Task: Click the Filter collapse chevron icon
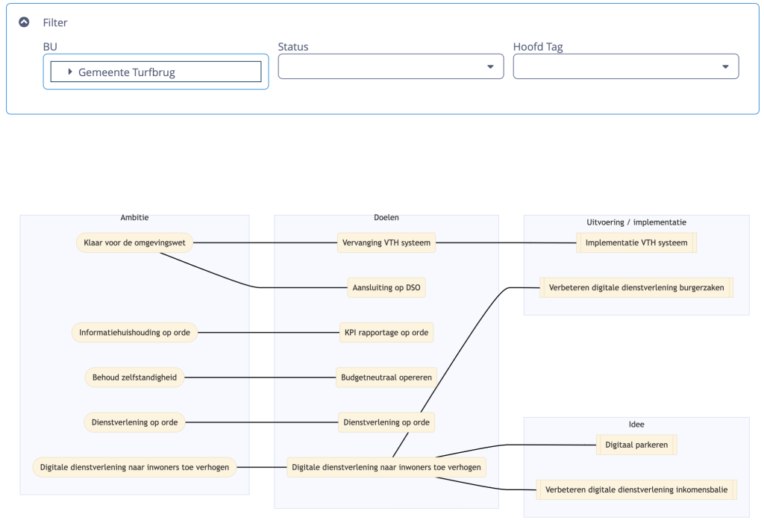(24, 22)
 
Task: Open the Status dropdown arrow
(490, 66)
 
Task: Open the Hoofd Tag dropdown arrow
(725, 66)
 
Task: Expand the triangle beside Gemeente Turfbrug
(70, 72)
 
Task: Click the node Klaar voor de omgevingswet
(134, 242)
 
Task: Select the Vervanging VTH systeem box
(386, 242)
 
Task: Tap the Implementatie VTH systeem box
(636, 242)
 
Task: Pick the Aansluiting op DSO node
(386, 287)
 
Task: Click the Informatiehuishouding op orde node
(134, 333)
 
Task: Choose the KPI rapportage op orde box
(386, 333)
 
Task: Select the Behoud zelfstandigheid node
(134, 378)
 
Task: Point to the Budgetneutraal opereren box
(386, 378)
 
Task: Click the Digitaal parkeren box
(636, 445)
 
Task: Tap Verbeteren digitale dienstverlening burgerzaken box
(636, 287)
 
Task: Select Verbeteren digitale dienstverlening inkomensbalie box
(636, 489)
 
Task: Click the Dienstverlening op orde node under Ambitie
(134, 422)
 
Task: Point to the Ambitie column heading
(134, 218)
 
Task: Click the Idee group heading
(636, 425)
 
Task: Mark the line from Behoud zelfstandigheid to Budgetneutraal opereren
(260, 378)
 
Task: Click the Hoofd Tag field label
(538, 47)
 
